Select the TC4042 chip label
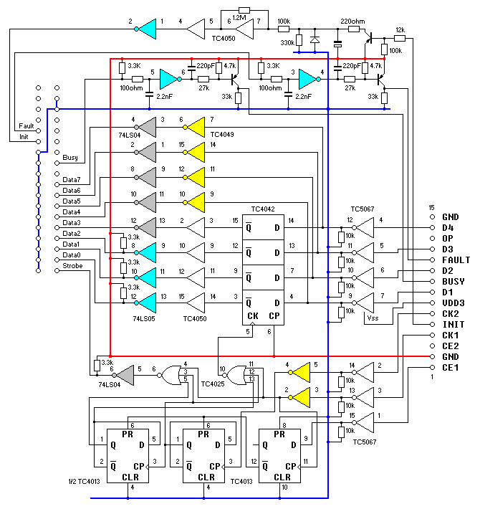point(262,209)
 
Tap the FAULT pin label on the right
point(456,260)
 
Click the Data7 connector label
point(72,179)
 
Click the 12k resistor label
point(400,29)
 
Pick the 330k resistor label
point(286,43)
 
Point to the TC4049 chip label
point(223,134)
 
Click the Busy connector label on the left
point(70,158)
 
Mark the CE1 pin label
point(450,367)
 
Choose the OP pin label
point(447,238)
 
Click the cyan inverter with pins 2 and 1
point(147,29)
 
